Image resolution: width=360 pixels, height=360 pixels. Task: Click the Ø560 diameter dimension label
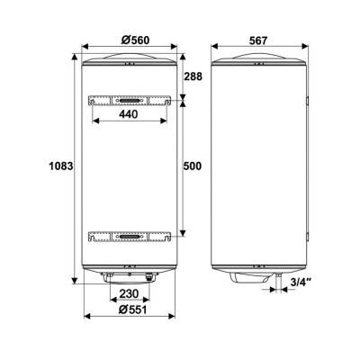136,40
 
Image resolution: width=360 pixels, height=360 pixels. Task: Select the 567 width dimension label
258,40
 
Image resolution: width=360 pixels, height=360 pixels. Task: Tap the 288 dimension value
193,76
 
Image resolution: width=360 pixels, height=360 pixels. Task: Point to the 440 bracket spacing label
129,114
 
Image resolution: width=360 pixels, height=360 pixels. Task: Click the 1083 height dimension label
61,166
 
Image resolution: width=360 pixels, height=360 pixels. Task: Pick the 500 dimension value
193,166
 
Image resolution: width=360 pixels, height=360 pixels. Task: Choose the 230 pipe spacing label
130,293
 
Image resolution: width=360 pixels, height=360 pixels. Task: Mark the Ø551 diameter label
133,310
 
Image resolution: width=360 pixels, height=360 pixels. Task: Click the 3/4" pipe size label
301,282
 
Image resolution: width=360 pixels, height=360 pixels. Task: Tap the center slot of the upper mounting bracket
130,101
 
